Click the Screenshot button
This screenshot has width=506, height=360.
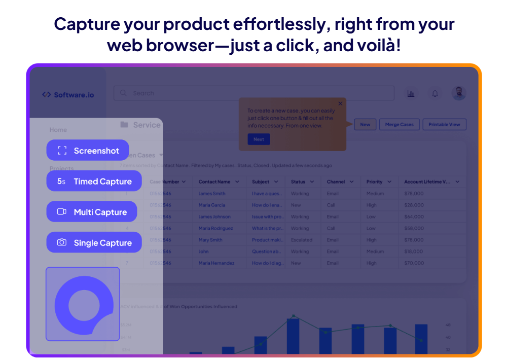[x=88, y=150]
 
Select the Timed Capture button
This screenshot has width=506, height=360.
[x=94, y=181]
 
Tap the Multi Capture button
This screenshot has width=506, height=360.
[x=91, y=212]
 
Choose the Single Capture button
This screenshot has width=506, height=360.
[x=94, y=243]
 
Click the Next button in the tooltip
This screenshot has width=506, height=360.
[x=259, y=139]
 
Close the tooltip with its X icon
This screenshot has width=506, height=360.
[x=340, y=103]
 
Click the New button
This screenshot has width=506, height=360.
[x=365, y=125]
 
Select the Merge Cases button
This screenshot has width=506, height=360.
[x=400, y=125]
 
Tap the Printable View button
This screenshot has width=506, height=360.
[x=444, y=125]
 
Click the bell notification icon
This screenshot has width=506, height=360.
[x=435, y=93]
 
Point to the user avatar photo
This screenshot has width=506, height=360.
[x=459, y=93]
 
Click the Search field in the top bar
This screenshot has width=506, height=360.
[x=254, y=93]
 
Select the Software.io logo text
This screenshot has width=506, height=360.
[x=74, y=95]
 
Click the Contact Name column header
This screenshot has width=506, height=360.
[x=214, y=182]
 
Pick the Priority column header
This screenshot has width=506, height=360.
[x=375, y=182]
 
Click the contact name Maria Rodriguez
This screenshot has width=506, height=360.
[x=216, y=228]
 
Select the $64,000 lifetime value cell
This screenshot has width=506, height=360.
[x=414, y=217]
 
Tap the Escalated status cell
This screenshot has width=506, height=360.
[x=302, y=240]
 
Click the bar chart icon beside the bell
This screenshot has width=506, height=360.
[x=411, y=93]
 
